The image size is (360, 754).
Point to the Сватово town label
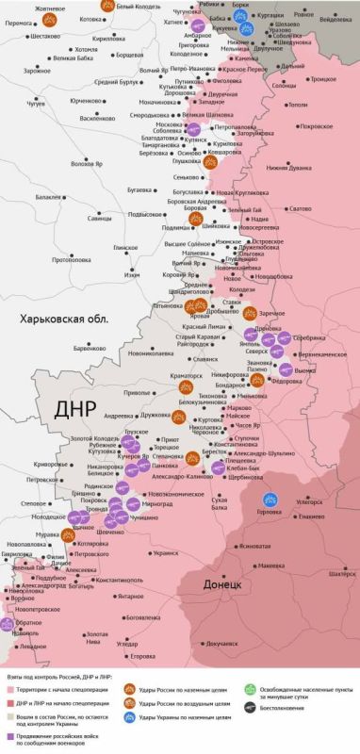[x=302, y=207]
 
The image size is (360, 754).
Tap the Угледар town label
[x=139, y=643]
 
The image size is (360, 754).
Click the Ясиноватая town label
[x=255, y=546]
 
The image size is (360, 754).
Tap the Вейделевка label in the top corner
[x=337, y=18]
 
